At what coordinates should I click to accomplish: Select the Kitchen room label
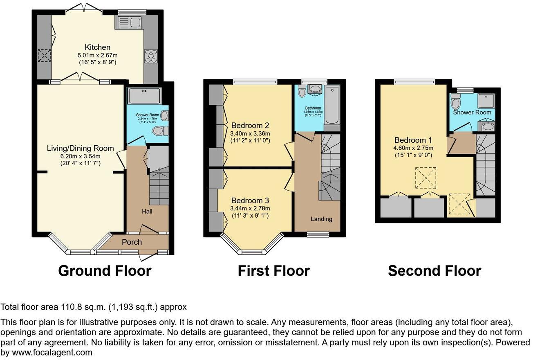97,47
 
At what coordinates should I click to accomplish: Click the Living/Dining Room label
80,148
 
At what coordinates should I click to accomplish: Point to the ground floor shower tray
144,96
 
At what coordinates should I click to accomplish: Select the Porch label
132,242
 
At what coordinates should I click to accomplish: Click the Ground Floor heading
105,271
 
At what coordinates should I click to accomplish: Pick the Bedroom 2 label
251,125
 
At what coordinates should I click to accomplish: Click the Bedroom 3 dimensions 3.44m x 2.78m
250,209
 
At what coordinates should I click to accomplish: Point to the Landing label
321,219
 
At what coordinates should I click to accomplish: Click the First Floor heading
274,271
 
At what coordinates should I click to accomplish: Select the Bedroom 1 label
413,139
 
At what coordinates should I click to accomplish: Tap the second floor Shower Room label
472,112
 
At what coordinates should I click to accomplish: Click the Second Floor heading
434,271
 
